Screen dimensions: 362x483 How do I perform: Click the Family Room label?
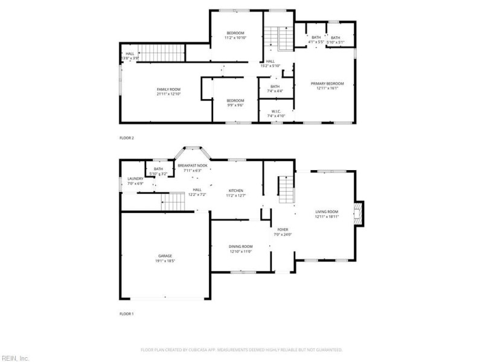168,89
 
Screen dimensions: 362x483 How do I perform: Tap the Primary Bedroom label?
327,83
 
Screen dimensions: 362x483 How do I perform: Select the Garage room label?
165,256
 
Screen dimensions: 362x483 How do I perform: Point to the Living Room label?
327,212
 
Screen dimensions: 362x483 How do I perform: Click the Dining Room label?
240,246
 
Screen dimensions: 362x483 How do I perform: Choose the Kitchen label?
235,190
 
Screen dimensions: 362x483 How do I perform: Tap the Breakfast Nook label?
193,165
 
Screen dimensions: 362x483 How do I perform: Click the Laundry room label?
135,179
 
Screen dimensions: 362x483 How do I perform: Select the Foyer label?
283,230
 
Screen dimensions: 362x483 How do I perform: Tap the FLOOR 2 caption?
127,138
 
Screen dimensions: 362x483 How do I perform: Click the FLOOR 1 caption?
127,314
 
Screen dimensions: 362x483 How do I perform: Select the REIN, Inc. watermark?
15,358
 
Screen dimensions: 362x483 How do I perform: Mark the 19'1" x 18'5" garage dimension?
165,261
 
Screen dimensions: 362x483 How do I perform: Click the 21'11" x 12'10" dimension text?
168,94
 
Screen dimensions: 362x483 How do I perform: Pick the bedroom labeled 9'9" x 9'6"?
235,103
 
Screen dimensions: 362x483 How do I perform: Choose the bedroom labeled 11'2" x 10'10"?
235,35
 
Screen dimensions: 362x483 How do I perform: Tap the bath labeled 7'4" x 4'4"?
275,88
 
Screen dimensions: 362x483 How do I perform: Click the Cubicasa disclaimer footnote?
241,349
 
